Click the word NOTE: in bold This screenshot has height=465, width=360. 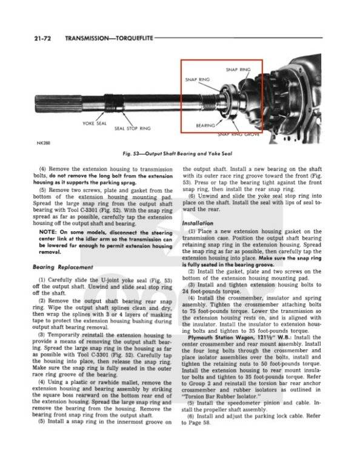pos(49,232)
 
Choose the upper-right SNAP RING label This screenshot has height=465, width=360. pos(238,70)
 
